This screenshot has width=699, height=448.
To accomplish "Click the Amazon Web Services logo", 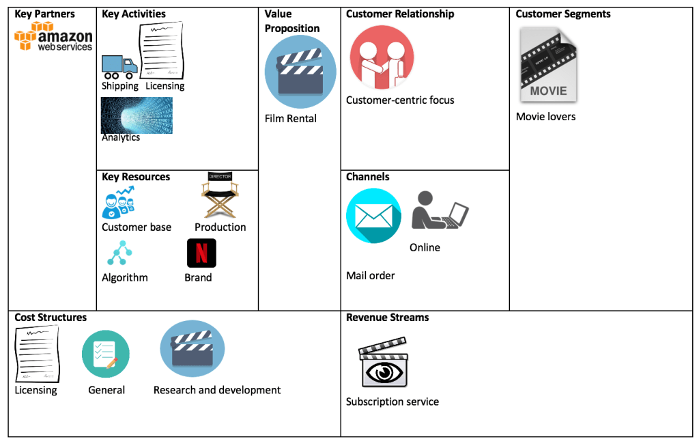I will (53, 37).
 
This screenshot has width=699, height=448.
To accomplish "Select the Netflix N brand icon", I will (201, 253).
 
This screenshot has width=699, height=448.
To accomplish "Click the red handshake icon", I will (382, 58).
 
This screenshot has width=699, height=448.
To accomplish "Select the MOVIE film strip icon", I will (548, 66).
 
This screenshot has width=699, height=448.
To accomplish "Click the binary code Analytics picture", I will (137, 115).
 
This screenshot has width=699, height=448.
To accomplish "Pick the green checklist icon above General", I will (105, 354).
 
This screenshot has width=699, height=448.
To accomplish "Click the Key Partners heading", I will (45, 14).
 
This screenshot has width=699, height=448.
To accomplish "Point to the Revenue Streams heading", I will (387, 318).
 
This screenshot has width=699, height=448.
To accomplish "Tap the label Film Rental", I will (291, 119).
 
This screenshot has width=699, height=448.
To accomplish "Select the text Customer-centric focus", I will (400, 100).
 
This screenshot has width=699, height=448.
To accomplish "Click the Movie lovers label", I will (545, 117).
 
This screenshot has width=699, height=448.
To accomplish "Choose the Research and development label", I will (217, 390).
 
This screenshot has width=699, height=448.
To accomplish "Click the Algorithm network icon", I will (119, 253).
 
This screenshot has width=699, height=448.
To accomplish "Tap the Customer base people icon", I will (118, 203).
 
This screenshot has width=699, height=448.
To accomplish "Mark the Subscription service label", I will (392, 402).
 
